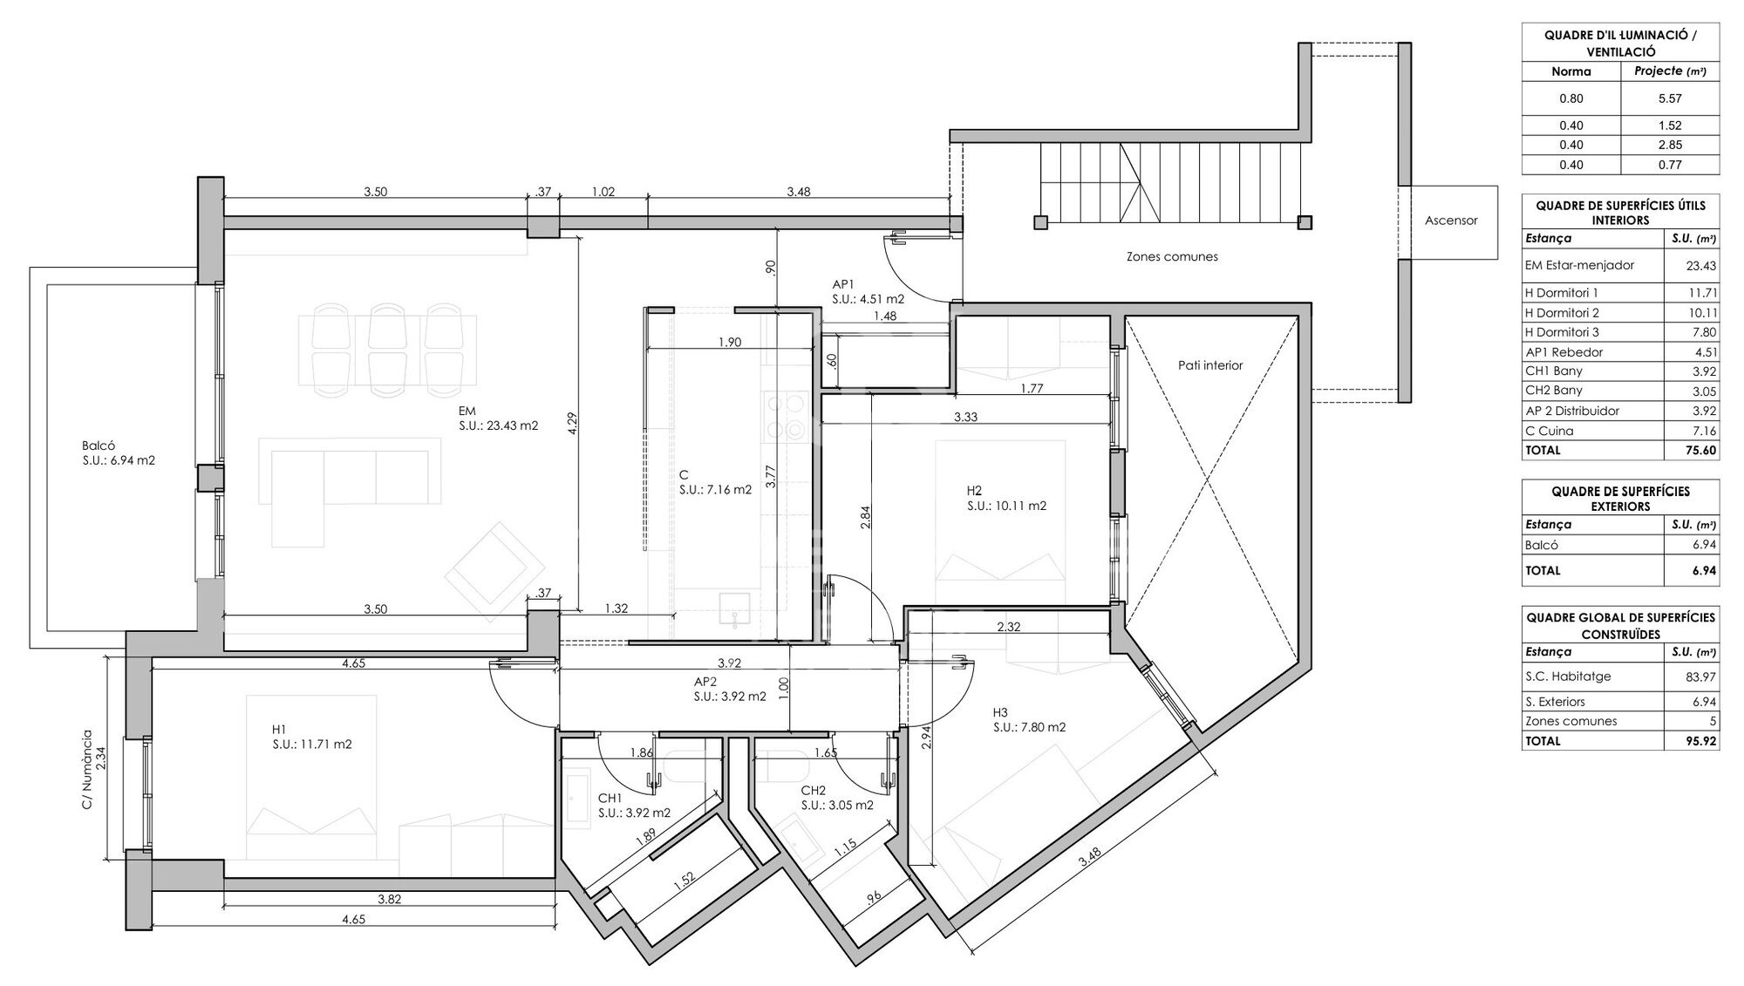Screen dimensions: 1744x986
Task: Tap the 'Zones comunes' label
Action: click(1172, 256)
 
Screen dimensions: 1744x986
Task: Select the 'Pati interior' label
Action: click(1210, 365)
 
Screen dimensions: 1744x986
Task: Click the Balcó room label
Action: click(99, 445)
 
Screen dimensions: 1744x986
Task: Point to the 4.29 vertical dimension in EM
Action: click(572, 423)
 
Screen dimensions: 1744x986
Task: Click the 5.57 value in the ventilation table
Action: click(1670, 99)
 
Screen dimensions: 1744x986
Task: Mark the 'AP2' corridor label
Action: click(705, 682)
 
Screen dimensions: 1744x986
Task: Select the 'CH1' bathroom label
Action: click(610, 798)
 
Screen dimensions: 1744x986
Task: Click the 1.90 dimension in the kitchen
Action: click(730, 342)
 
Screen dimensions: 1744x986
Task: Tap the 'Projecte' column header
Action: click(1658, 71)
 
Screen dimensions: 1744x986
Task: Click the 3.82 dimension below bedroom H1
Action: click(390, 900)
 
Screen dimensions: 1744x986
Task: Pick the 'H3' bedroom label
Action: click(1000, 711)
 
